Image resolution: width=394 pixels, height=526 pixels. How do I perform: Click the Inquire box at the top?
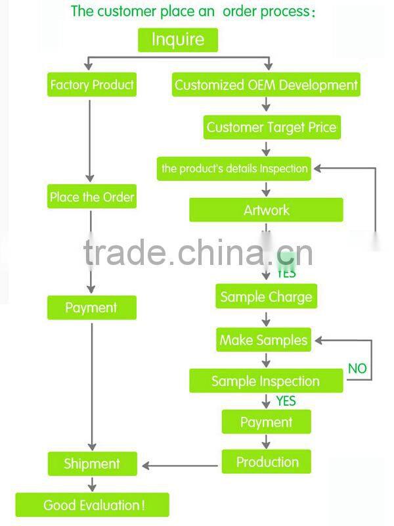[177, 39]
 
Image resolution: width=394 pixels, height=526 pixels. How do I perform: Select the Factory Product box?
[92, 85]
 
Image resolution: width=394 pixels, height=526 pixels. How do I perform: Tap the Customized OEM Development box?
[266, 85]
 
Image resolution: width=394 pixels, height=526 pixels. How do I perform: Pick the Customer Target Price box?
[271, 127]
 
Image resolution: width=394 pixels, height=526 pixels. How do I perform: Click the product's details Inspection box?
[234, 168]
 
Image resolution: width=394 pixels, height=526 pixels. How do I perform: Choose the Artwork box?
[266, 210]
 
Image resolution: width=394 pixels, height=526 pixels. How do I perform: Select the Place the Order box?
[92, 197]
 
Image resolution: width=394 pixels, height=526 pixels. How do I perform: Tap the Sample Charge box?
[266, 297]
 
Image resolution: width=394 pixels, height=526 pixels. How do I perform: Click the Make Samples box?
[263, 340]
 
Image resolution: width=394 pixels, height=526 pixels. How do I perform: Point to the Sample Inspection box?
[266, 381]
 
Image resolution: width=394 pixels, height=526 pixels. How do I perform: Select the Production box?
[267, 462]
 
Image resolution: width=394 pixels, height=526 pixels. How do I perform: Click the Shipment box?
[92, 464]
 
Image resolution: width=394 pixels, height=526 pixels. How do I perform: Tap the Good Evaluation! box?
[93, 505]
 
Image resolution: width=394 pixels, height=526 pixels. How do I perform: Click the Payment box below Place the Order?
[91, 308]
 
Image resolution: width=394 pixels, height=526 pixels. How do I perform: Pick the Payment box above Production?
[266, 422]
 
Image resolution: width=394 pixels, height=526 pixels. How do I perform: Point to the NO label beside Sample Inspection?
[357, 368]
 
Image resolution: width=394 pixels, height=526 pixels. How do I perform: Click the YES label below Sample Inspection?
[286, 400]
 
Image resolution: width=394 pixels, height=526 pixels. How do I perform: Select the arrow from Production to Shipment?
[181, 466]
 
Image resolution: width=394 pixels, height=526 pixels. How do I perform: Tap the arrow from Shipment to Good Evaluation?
[92, 485]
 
